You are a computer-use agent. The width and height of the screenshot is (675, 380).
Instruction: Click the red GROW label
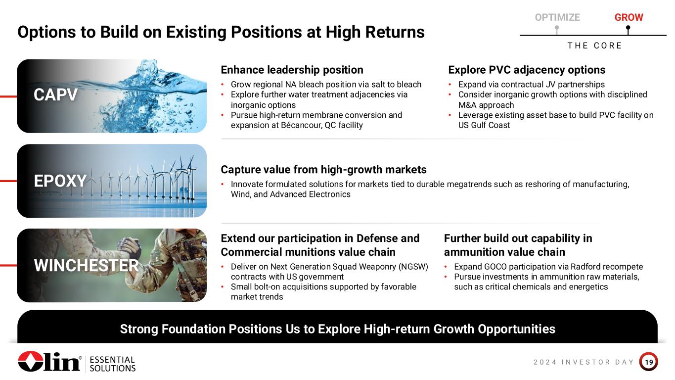pyautogui.click(x=629, y=17)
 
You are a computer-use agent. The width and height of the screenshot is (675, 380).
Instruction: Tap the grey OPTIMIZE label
pyautogui.click(x=557, y=17)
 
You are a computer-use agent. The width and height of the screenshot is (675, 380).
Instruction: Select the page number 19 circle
pyautogui.click(x=648, y=362)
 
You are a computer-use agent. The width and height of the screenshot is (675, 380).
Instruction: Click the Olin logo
pyautogui.click(x=49, y=361)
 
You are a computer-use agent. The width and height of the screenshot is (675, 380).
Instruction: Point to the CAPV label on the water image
pyautogui.click(x=55, y=95)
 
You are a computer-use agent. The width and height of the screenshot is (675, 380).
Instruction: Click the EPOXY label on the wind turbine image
pyautogui.click(x=60, y=181)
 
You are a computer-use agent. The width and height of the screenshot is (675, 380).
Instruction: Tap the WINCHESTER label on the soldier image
pyautogui.click(x=86, y=265)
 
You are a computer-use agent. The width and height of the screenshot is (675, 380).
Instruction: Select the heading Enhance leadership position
pyautogui.click(x=292, y=70)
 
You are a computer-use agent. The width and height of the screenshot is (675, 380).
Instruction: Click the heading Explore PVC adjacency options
pyautogui.click(x=527, y=70)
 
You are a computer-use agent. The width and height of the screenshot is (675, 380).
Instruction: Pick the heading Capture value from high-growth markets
pyautogui.click(x=323, y=170)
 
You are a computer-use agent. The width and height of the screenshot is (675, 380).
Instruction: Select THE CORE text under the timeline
pyautogui.click(x=594, y=46)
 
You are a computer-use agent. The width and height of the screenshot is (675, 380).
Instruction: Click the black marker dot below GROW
pyautogui.click(x=628, y=28)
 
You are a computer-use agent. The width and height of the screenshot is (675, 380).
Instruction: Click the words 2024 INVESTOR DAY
pyautogui.click(x=584, y=362)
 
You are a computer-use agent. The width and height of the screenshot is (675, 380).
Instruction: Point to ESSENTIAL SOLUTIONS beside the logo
pyautogui.click(x=112, y=364)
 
